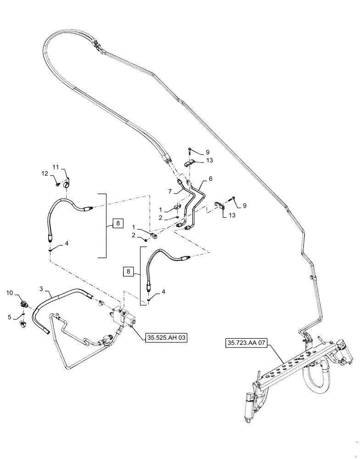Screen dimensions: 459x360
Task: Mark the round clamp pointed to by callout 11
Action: coord(67,184)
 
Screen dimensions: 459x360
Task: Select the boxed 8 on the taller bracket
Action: coord(118,224)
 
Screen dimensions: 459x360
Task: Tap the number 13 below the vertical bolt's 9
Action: coord(209,161)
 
